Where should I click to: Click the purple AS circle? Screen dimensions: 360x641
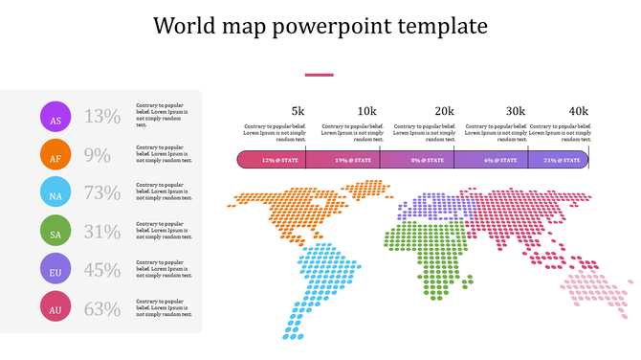55,117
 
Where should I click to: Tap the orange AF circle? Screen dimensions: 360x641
55,155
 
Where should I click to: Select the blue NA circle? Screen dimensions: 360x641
55,193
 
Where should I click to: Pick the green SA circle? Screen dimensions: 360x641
55,232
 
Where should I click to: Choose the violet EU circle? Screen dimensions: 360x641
55,270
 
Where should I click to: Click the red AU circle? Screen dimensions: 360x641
55,308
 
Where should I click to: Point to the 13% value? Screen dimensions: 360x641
102,117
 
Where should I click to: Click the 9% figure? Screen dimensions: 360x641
98,155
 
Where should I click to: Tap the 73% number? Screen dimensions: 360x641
102,193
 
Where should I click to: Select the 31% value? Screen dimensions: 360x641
102,232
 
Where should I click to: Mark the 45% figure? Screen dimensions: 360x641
102,270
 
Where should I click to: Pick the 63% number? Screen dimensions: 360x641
102,308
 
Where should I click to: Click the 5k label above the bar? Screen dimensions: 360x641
298,111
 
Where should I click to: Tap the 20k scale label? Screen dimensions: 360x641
444,111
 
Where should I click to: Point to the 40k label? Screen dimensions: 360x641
579,111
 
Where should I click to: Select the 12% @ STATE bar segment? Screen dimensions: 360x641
272,160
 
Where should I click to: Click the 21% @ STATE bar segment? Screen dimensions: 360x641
558,160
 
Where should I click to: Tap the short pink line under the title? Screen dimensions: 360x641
319,74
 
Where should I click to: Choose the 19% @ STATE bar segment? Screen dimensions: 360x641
343,160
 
